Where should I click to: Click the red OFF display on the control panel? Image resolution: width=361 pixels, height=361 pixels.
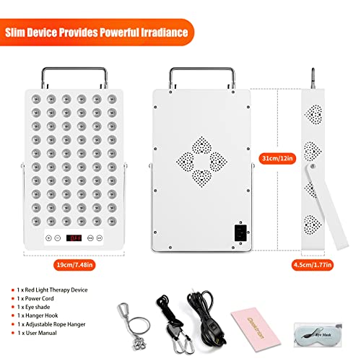point(74,237)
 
